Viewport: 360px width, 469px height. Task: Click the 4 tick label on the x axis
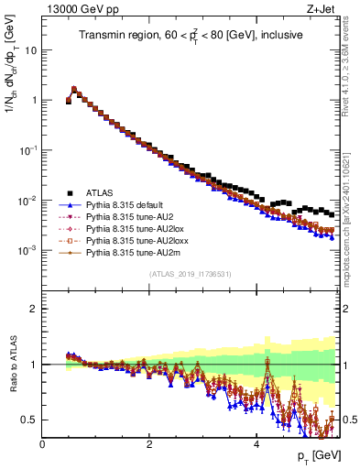coord(256,443)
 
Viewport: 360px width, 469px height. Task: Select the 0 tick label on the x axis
coord(42,443)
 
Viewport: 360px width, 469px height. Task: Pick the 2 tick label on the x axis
coord(149,443)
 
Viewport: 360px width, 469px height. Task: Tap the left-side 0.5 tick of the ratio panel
coord(29,420)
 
